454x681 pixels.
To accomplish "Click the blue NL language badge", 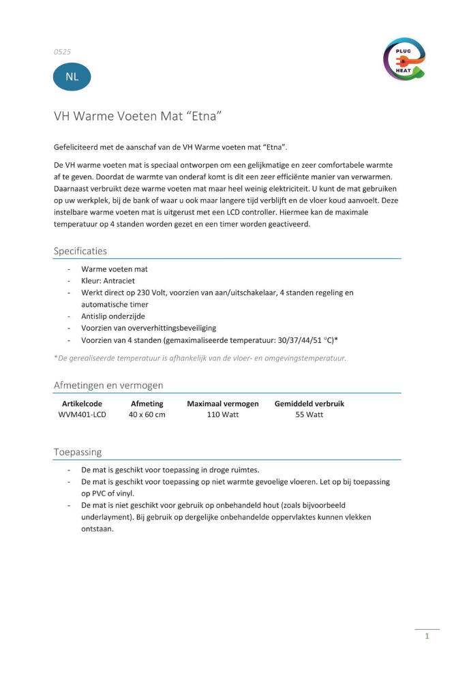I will (x=72, y=76).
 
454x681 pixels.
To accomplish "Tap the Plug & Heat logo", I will (x=404, y=59).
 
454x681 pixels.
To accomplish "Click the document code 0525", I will (x=63, y=51).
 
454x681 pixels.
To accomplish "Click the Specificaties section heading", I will (x=80, y=251).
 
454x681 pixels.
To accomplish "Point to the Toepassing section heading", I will (x=78, y=451).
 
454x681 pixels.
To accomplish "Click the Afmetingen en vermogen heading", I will (x=108, y=385).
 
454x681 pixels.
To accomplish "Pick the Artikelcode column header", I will (x=82, y=404).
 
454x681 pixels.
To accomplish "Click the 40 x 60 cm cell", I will (x=147, y=414).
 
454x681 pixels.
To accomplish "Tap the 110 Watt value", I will (x=222, y=414).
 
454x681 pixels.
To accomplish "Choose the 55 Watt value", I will (x=309, y=414).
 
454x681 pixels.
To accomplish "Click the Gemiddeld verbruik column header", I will (x=309, y=404).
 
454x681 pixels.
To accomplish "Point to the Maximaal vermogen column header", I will (x=222, y=404).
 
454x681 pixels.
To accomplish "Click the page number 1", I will (x=427, y=636).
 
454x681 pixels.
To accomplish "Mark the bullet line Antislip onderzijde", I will (x=112, y=316).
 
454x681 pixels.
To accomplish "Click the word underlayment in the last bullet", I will (x=110, y=517).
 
